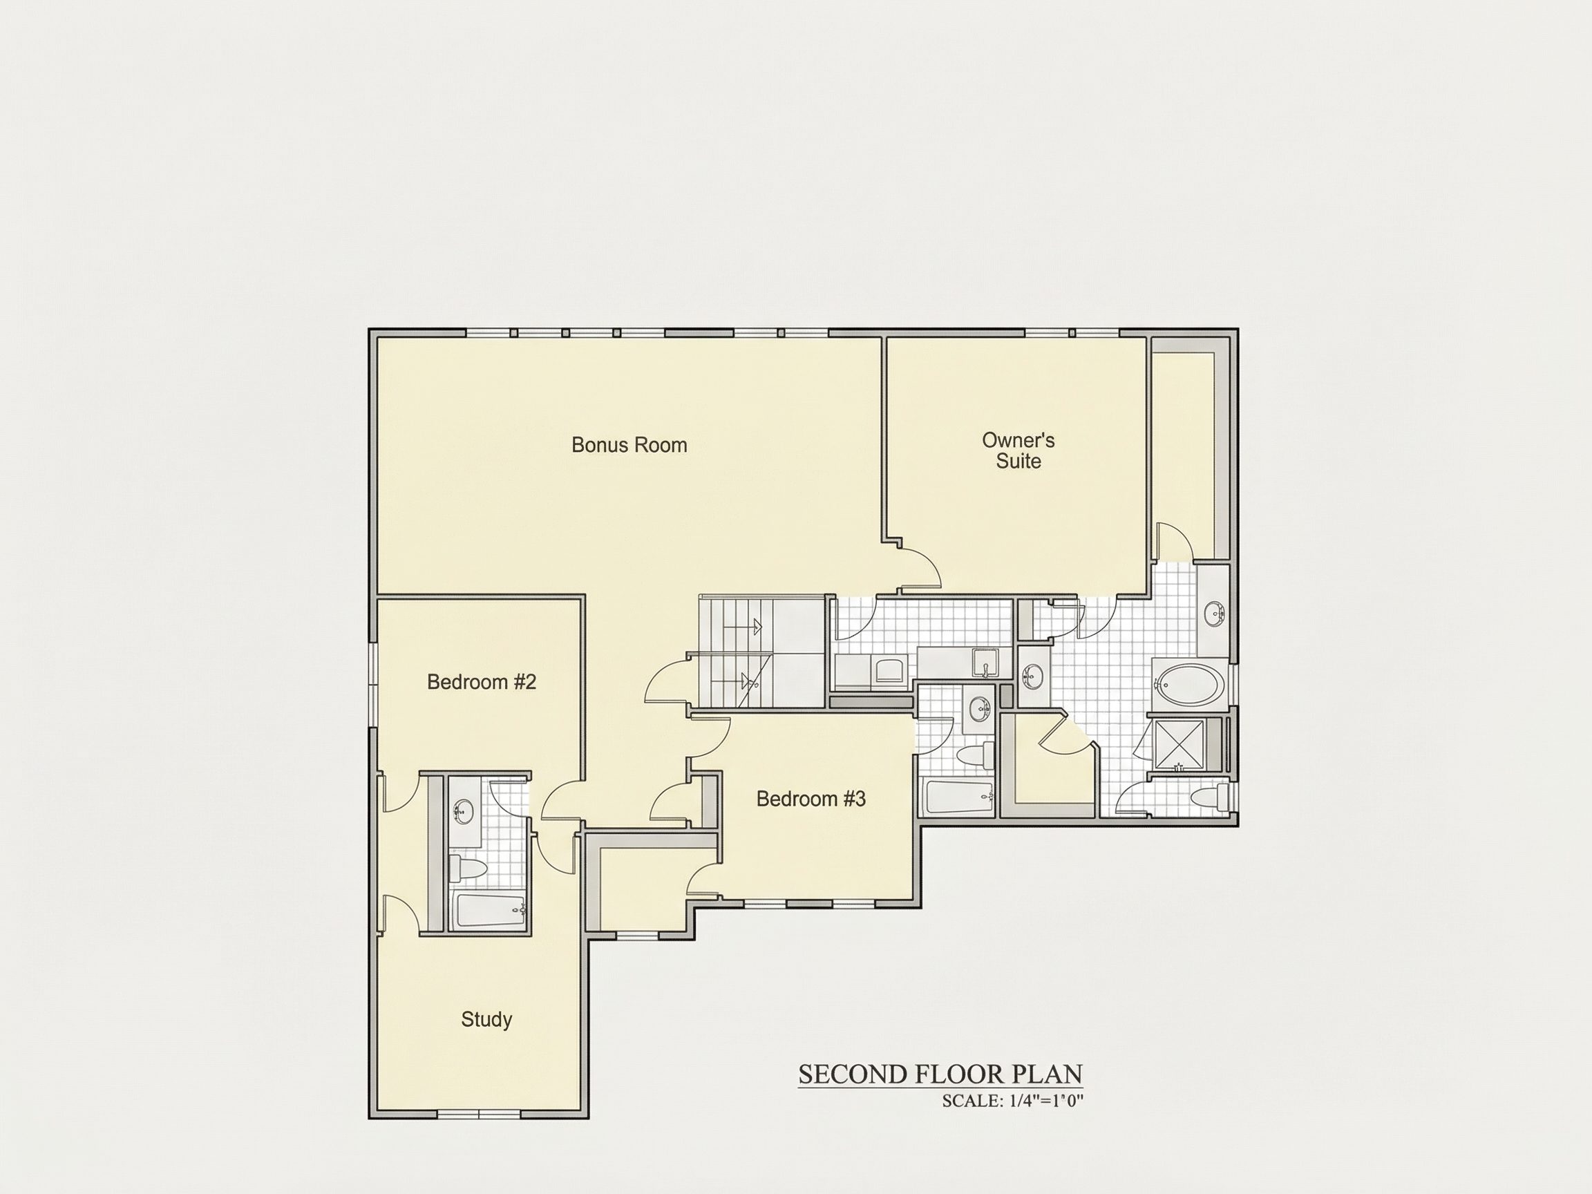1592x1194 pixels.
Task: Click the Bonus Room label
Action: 629,445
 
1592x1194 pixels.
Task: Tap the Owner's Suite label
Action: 1018,451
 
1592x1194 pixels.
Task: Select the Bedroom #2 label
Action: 482,681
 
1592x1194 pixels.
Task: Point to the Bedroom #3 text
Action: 811,798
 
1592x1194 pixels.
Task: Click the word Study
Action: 486,1019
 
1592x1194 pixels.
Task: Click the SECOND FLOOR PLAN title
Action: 940,1074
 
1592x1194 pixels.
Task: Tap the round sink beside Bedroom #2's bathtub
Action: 463,813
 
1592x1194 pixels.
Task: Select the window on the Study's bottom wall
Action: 479,1114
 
